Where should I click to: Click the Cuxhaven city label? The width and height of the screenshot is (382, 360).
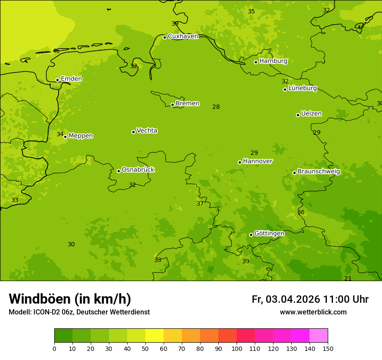(183, 36)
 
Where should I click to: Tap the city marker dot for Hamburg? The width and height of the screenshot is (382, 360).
(256, 62)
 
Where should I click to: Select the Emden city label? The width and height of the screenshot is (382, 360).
(71, 79)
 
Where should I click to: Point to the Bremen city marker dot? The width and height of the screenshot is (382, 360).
(172, 105)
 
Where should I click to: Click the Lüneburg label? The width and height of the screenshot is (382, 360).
(302, 88)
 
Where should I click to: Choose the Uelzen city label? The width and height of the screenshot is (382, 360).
(311, 114)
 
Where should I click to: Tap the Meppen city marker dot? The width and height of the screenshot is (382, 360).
(66, 137)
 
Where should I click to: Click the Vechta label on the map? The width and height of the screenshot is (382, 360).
(147, 131)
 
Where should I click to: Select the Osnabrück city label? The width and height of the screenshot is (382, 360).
(138, 170)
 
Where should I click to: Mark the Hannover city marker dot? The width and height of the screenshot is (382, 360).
(240, 162)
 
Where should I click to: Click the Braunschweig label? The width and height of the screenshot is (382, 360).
(319, 172)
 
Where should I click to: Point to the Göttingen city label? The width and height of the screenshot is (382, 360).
(269, 234)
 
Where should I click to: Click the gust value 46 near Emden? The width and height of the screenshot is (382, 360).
(56, 51)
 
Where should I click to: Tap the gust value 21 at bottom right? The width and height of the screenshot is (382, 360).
(348, 278)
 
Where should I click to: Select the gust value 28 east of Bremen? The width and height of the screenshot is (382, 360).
(216, 107)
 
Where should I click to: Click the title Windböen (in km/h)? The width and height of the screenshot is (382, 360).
(70, 299)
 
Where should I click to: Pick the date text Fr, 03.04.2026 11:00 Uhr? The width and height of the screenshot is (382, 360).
(310, 299)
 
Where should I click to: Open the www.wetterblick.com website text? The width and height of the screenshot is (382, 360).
(313, 312)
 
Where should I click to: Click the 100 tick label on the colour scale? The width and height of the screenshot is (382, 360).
(237, 348)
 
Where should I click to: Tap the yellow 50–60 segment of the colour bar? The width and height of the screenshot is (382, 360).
(155, 336)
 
